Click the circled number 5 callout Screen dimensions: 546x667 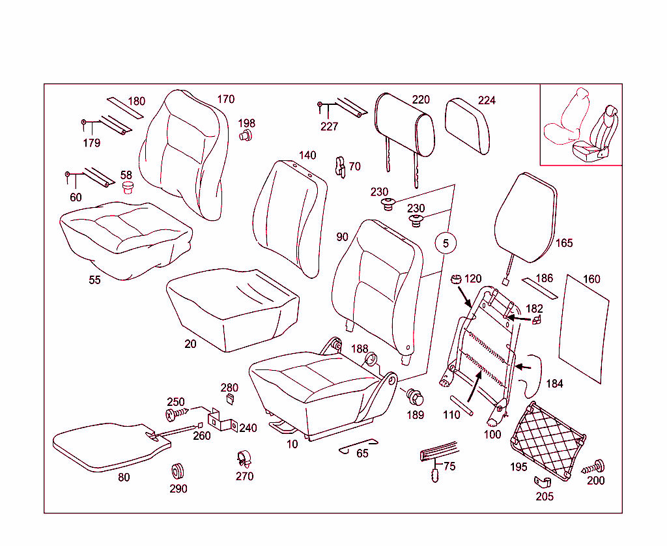pyautogui.click(x=446, y=244)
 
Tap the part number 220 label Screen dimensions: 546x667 pyautogui.click(x=421, y=100)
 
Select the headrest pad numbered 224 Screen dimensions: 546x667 pyautogui.click(x=468, y=126)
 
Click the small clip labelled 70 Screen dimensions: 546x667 pyautogui.click(x=339, y=167)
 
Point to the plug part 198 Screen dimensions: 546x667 pyautogui.click(x=246, y=136)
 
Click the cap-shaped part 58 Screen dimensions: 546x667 pyautogui.click(x=128, y=188)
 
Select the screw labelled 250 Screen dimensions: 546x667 pyautogui.click(x=176, y=414)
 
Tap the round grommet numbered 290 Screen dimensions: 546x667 pyautogui.click(x=178, y=471)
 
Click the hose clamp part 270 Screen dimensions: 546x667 pyautogui.click(x=244, y=459)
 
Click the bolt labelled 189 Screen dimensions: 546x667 pyautogui.click(x=414, y=396)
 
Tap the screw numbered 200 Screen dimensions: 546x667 pyautogui.click(x=594, y=467)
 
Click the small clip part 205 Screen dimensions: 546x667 pyautogui.click(x=543, y=481)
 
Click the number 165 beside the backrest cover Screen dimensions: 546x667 pyautogui.click(x=564, y=243)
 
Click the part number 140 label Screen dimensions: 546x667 pyautogui.click(x=307, y=155)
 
